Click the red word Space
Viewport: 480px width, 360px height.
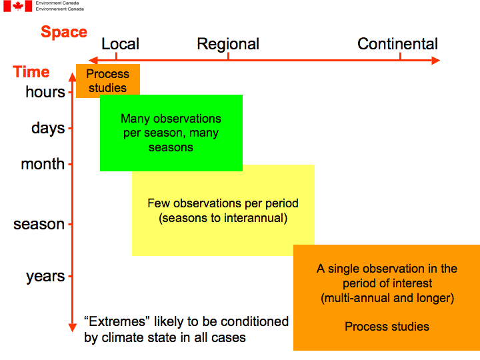(x=64, y=32)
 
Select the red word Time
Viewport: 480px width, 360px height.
(x=31, y=72)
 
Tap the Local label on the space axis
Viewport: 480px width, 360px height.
(x=120, y=45)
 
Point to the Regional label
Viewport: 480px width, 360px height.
(x=228, y=45)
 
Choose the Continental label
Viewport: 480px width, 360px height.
(x=397, y=45)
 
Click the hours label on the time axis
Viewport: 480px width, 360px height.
(x=45, y=92)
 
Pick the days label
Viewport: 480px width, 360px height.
(x=48, y=127)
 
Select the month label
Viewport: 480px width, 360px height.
(x=43, y=164)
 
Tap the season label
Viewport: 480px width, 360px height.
(x=39, y=224)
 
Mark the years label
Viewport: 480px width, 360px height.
(x=45, y=276)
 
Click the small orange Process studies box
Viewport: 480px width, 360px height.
(x=107, y=81)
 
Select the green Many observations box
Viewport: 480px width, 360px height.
(x=171, y=133)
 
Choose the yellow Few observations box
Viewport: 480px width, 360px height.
(x=223, y=210)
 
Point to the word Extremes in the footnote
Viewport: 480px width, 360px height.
(x=109, y=321)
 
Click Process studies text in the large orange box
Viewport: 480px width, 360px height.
(x=387, y=327)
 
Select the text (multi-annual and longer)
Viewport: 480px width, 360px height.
(x=387, y=298)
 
